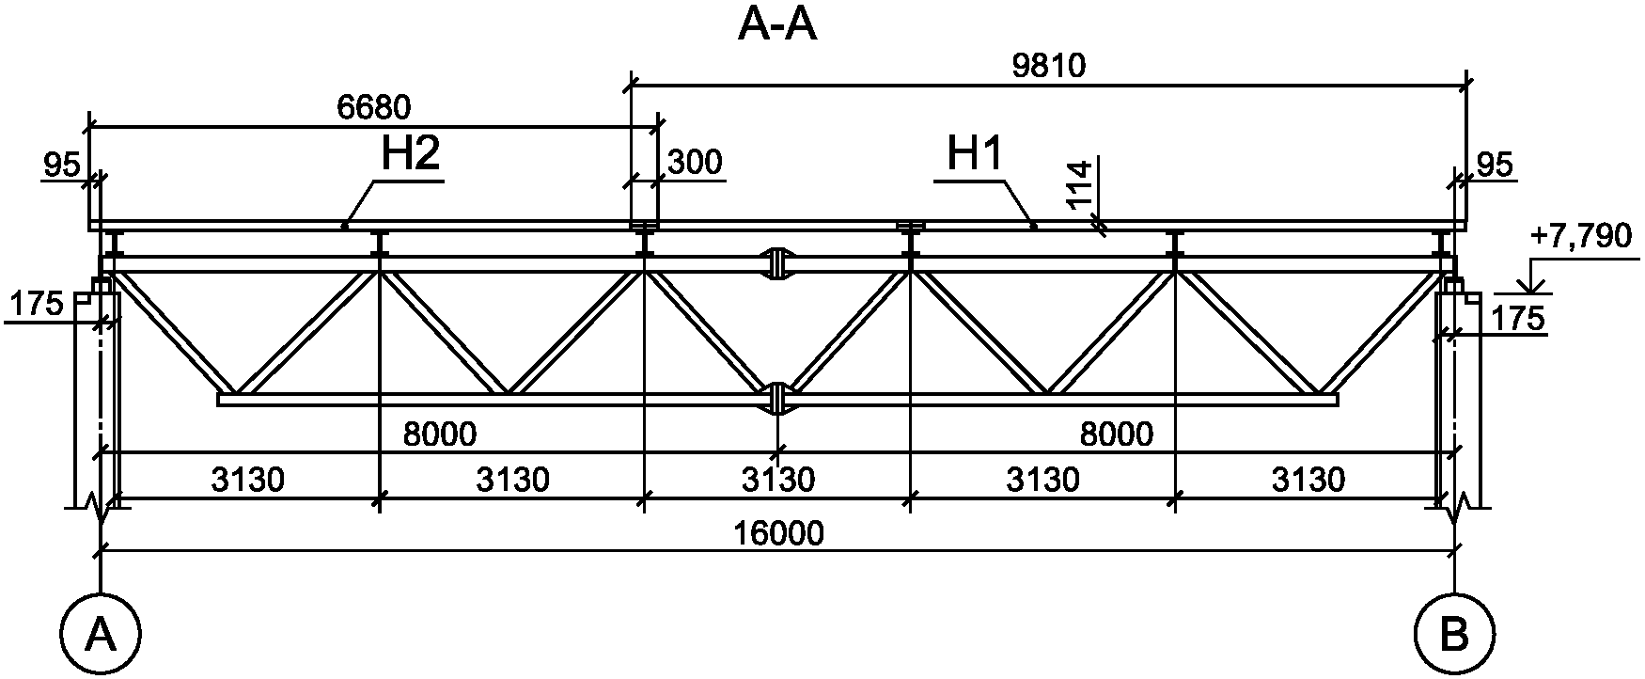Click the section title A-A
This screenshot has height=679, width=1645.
point(777,25)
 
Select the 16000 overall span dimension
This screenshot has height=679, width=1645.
point(778,533)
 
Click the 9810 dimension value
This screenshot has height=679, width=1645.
point(1049,66)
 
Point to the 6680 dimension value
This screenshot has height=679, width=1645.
point(373,108)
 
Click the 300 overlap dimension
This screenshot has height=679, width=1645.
point(695,163)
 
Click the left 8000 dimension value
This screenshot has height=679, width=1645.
point(439,434)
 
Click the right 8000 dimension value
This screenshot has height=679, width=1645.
point(1116,434)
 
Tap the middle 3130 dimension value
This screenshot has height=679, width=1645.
point(777,480)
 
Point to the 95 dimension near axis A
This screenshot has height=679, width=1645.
point(62,166)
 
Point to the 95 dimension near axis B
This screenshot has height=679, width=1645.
point(1495,166)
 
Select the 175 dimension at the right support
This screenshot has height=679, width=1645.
point(1516,318)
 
